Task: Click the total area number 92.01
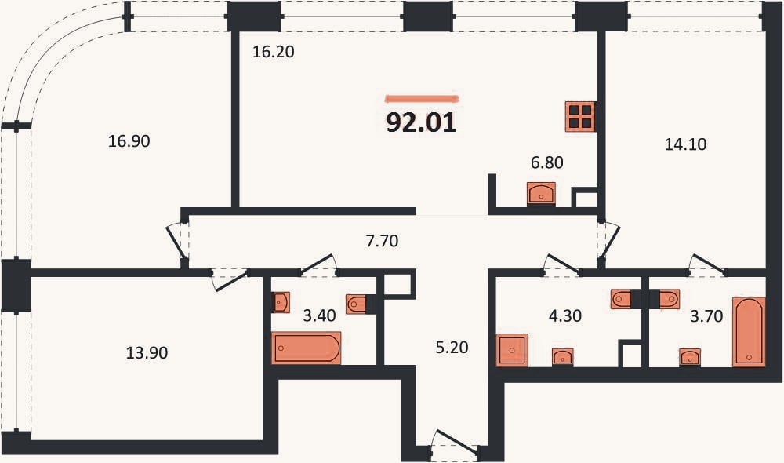[421, 122]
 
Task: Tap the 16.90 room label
[129, 141]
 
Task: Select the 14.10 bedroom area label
[685, 144]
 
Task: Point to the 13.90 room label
[147, 353]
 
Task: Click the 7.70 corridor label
[382, 241]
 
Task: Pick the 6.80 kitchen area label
[547, 162]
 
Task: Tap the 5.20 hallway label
[452, 348]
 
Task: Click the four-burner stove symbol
[580, 117]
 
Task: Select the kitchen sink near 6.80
[541, 193]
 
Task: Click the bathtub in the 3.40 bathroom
[306, 348]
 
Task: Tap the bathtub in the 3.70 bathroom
[749, 332]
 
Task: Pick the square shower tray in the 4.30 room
[511, 350]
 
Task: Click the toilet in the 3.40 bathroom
[356, 304]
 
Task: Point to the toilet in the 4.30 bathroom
[620, 299]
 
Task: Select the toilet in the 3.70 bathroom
[670, 299]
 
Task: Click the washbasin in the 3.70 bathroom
[690, 357]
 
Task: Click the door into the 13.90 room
[229, 279]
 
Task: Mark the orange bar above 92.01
[423, 99]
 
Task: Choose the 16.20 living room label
[273, 52]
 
